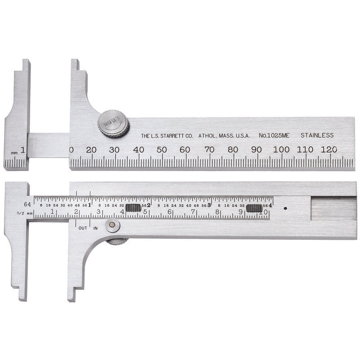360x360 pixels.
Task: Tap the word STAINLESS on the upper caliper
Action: tap(317, 135)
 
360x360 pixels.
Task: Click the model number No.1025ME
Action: tap(275, 135)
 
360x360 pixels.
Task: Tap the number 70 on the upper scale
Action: tap(209, 150)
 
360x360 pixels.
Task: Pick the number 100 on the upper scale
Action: tap(281, 150)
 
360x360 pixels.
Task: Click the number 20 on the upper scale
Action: tap(91, 150)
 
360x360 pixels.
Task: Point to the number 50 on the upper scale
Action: tap(162, 150)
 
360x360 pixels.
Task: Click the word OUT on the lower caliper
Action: tap(83, 228)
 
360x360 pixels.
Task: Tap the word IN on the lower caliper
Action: tap(95, 228)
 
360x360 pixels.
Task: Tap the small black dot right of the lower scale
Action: tap(286, 208)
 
